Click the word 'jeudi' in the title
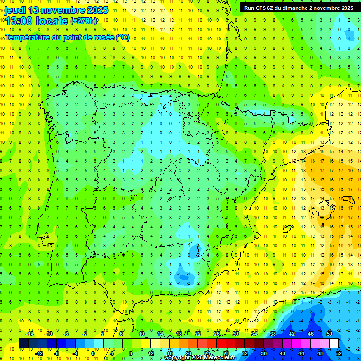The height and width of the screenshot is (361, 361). pyautogui.click(x=15, y=10)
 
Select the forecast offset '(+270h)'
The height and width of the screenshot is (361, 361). pyautogui.click(x=84, y=21)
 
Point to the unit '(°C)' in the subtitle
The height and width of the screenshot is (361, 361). pyautogui.click(x=122, y=37)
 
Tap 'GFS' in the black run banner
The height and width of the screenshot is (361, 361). pyautogui.click(x=264, y=8)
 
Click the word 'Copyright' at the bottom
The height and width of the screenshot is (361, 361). pyautogui.click(x=178, y=358)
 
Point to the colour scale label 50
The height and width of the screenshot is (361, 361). pyautogui.click(x=330, y=334)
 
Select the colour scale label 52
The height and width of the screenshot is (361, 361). pyautogui.click(x=339, y=353)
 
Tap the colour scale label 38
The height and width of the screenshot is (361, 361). pyautogui.click(x=273, y=334)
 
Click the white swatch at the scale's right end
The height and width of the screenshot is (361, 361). pyautogui.click(x=334, y=343)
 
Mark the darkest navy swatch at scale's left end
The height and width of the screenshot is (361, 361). pyautogui.click(x=24, y=343)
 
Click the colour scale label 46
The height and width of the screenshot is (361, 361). pyautogui.click(x=311, y=334)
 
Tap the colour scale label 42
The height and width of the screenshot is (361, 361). pyautogui.click(x=292, y=334)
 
